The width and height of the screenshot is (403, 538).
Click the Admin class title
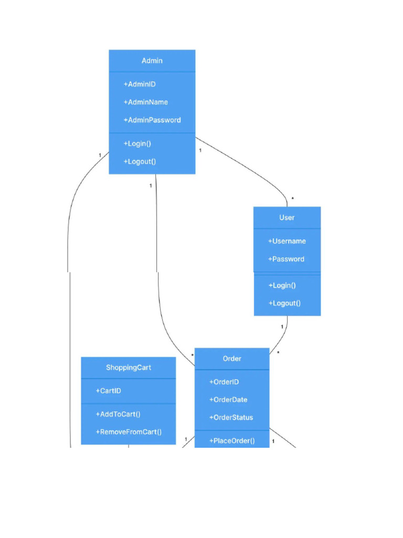[152, 61]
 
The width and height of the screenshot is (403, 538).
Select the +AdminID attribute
[140, 84]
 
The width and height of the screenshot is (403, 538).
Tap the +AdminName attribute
[146, 102]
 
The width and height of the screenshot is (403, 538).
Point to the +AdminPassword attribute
[152, 120]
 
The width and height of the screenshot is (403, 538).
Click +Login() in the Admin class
[137, 143]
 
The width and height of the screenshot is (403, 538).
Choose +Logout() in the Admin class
[140, 161]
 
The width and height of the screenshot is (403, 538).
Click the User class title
[287, 218]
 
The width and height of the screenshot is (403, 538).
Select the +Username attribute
[287, 241]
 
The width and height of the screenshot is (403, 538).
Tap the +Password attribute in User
[286, 259]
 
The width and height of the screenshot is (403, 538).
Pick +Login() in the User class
[282, 285]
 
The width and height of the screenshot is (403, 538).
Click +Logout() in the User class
[284, 303]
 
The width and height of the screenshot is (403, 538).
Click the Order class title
[232, 358]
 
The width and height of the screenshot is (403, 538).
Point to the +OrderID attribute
[224, 382]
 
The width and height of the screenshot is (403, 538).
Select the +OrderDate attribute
[228, 400]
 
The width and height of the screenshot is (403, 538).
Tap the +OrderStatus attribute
[231, 418]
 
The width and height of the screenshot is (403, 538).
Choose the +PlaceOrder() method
[232, 441]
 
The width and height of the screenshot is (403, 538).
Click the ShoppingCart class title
[129, 368]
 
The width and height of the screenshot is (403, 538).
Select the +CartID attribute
[109, 391]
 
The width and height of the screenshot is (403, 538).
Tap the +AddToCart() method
[118, 414]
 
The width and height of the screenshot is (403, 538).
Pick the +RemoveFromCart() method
[129, 432]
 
